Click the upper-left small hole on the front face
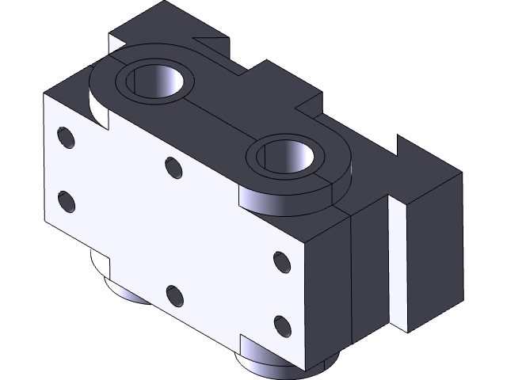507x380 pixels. click(67, 139)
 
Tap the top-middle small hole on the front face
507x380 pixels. click(173, 167)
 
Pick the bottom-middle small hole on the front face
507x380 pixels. click(174, 297)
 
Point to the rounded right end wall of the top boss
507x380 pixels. click(337, 190)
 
